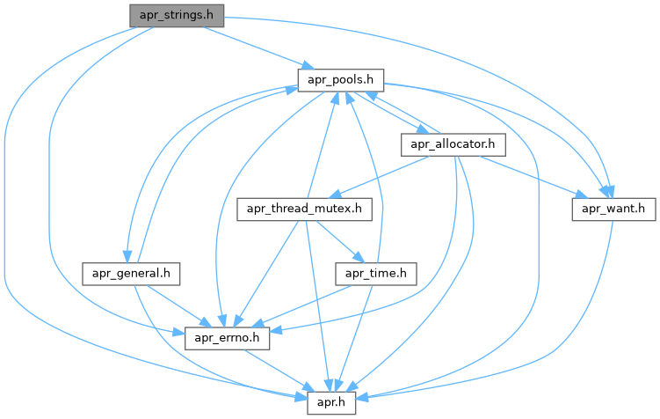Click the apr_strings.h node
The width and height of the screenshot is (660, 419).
click(x=177, y=14)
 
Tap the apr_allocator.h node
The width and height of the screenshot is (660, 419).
click(x=451, y=143)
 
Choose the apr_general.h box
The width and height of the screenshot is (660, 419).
click(x=131, y=273)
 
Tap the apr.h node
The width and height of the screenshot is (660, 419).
click(x=335, y=401)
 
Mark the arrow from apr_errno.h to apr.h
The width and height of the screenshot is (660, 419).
click(x=282, y=368)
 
